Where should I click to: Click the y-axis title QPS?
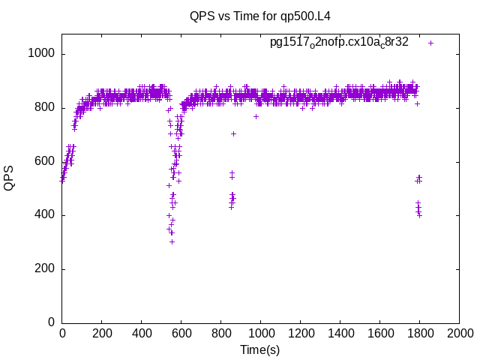coord(10,178)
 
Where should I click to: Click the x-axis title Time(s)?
coord(260,349)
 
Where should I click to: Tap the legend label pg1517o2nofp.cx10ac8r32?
coord(339,43)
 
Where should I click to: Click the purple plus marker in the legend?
coord(430,43)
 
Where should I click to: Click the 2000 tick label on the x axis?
coord(460,333)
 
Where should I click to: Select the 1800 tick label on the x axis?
coord(420,333)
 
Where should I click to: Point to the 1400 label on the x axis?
coord(340,333)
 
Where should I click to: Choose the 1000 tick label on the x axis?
coord(261,333)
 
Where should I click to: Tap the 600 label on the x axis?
coord(181,333)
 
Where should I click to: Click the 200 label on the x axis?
coord(102,333)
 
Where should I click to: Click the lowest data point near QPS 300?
coord(172,241)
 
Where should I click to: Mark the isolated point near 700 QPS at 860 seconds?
coord(233,133)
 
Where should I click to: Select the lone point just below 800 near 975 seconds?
coord(256,116)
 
